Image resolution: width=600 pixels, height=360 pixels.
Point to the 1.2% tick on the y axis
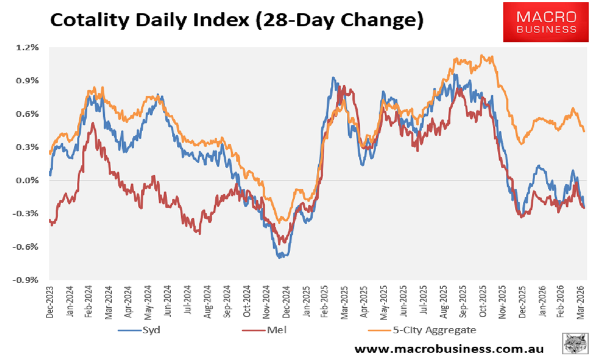coord(28,48)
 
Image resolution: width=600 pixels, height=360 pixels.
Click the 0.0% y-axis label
coord(28,181)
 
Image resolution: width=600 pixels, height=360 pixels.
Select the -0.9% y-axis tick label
coord(27,280)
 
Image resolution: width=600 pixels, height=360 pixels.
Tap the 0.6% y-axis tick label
coord(28,114)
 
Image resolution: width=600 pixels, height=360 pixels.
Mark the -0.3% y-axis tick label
coord(27,214)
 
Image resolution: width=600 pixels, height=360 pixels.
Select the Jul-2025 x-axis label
coord(424,302)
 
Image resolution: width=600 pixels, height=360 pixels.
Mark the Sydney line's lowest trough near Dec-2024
coord(281,257)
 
